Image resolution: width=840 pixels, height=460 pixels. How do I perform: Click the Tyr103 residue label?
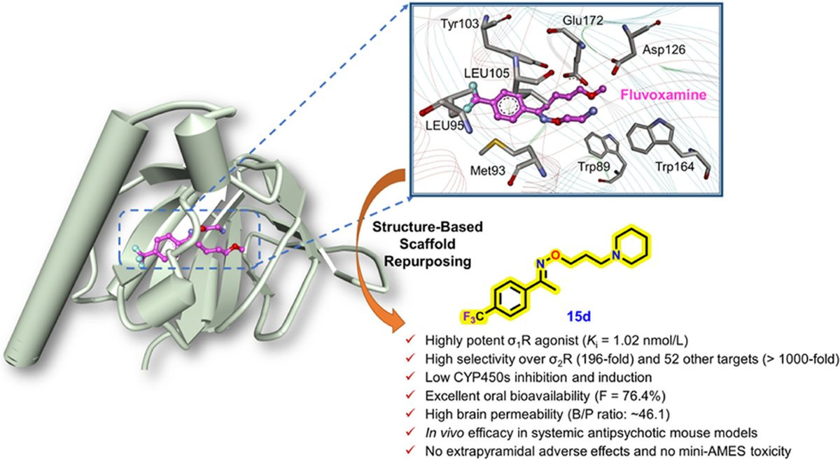(x=459, y=24)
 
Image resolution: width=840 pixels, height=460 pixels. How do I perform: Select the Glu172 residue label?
(x=582, y=20)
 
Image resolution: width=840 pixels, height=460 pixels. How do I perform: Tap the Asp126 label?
(x=664, y=50)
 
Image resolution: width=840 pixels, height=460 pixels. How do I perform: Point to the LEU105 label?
(x=486, y=73)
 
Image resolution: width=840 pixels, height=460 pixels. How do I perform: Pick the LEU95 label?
(x=447, y=126)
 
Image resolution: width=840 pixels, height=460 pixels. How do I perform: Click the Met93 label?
(x=487, y=171)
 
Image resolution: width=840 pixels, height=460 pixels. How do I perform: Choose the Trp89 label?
(x=591, y=166)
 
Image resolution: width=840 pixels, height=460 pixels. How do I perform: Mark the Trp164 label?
(x=675, y=166)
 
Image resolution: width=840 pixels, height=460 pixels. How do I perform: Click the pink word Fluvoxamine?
(x=664, y=95)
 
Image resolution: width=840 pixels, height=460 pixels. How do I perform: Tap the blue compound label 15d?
(x=578, y=317)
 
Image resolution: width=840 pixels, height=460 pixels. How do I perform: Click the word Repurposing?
(x=428, y=261)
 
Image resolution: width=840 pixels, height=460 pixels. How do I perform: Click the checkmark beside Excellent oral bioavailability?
(x=410, y=394)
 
